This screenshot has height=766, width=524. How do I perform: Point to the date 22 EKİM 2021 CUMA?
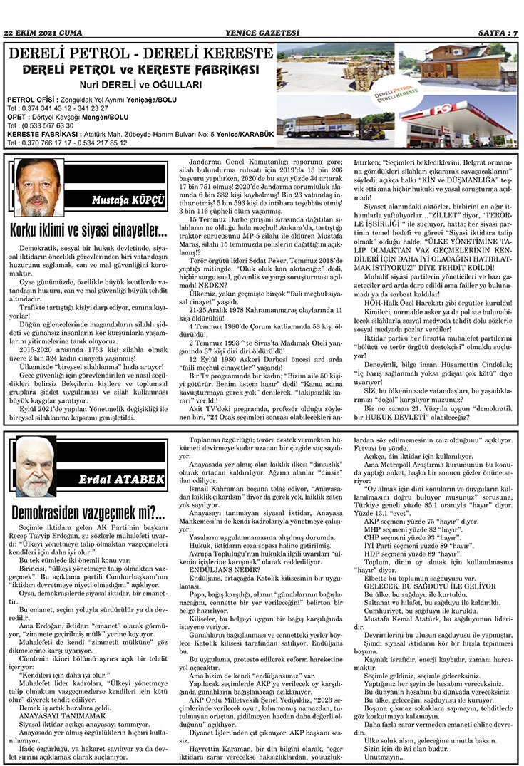pyautogui.click(x=43, y=33)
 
